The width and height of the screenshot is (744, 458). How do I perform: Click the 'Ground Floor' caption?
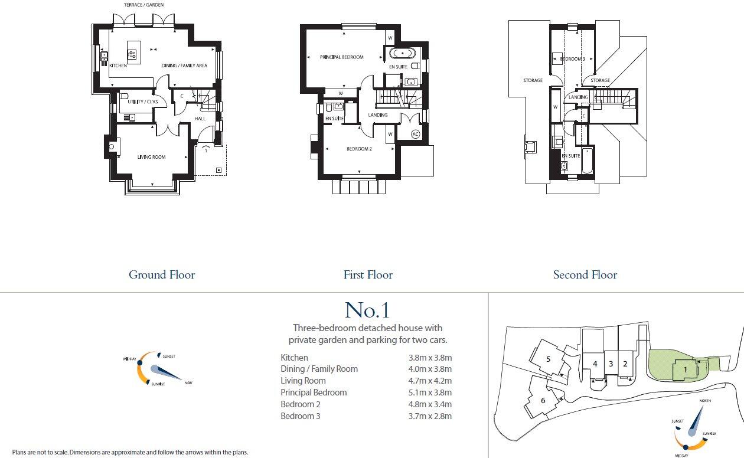(162, 274)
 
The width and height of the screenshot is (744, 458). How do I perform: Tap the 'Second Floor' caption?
(585, 274)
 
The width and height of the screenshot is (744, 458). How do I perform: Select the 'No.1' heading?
(367, 310)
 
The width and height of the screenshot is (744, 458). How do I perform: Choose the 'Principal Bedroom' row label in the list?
(314, 392)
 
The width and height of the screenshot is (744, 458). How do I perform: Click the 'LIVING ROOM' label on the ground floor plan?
(152, 157)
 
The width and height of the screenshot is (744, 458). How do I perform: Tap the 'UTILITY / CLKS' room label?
(142, 102)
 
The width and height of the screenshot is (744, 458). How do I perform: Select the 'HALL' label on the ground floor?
(200, 119)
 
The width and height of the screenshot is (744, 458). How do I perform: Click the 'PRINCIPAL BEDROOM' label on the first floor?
(341, 57)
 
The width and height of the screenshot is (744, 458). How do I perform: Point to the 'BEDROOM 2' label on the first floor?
(358, 149)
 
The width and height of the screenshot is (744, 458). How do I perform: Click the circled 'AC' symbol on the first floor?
(415, 134)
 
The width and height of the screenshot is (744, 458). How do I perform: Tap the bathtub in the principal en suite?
(404, 53)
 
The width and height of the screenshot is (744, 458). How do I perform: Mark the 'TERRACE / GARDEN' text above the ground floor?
(144, 5)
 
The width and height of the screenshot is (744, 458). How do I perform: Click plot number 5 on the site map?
(548, 359)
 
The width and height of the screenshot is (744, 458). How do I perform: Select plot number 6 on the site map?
(543, 400)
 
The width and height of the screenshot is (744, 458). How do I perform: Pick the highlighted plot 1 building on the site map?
(685, 370)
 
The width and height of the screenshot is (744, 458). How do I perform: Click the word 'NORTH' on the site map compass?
(704, 401)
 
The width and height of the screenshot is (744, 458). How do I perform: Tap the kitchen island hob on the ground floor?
(133, 54)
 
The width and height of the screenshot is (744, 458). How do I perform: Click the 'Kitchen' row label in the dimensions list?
(294, 358)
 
